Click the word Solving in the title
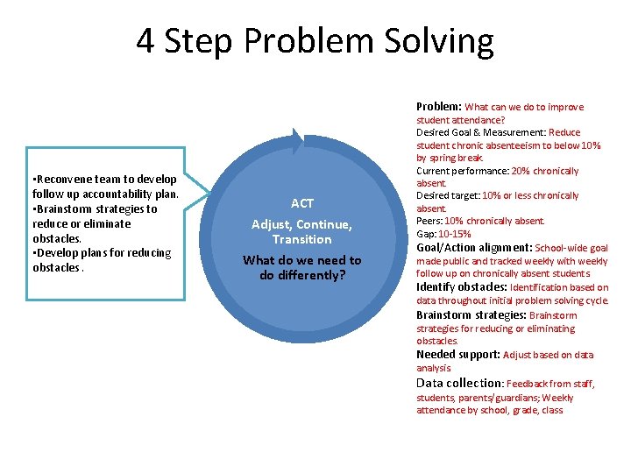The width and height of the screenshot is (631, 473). [447, 41]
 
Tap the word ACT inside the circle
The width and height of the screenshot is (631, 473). [302, 203]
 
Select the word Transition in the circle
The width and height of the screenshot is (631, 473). [301, 239]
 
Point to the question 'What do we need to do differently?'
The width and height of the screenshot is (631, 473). [301, 267]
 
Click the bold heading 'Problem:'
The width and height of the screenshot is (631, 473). [439, 107]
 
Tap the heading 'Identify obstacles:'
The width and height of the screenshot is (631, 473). [461, 286]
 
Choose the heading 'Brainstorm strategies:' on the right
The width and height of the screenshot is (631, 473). [471, 315]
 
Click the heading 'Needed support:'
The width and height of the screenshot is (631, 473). [457, 355]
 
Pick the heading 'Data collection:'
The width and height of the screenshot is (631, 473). [459, 383]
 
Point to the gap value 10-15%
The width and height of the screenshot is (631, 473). [455, 234]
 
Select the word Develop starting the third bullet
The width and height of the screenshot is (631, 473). [58, 253]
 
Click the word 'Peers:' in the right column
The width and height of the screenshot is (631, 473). [429, 222]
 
